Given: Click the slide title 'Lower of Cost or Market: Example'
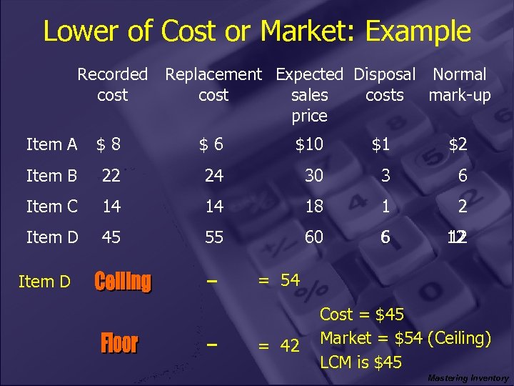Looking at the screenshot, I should point(257,31).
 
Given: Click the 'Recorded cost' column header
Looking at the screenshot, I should point(112,84).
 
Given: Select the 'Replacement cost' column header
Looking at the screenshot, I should point(213,84).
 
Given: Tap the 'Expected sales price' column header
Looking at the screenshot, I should point(309,94).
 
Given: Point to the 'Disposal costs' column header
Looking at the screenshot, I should point(384,84).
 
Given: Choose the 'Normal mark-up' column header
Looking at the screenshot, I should point(460,84).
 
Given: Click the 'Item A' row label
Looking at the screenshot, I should point(51,144).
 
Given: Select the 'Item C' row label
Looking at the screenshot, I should point(52,207).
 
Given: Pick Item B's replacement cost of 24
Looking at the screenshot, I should point(214,176).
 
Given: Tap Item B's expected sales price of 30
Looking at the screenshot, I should point(314,176).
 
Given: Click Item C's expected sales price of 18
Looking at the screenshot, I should point(314,207).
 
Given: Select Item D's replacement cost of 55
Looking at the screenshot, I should point(214,237).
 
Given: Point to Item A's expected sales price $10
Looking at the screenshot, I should point(310,144).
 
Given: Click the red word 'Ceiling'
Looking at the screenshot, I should point(123,282).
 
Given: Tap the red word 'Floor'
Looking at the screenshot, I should point(119,344).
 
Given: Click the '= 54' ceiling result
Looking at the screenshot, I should point(279,280).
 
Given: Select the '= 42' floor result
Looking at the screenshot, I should point(279,346).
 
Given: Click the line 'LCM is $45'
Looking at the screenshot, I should point(361,362).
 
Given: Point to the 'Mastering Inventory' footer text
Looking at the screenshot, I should point(468,378).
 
